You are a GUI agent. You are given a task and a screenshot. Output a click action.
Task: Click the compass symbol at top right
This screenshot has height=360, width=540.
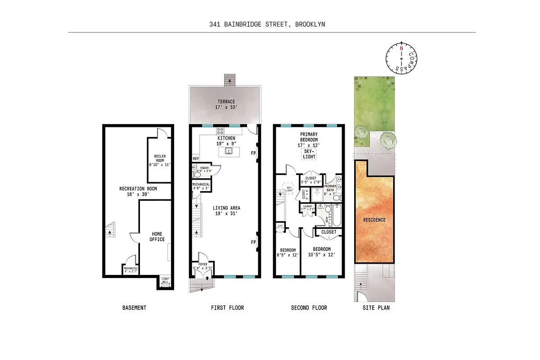pyautogui.click(x=400, y=58)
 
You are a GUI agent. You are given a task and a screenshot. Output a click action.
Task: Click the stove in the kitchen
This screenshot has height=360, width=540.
pyautogui.click(x=220, y=131)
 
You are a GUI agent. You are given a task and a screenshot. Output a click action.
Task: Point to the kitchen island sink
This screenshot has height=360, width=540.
pyautogui.click(x=229, y=152)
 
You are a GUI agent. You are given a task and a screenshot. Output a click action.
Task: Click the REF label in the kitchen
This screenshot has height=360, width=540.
pyautogui.click(x=196, y=158)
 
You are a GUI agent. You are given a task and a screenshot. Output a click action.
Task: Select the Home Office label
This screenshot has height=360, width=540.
pyautogui.click(x=157, y=237)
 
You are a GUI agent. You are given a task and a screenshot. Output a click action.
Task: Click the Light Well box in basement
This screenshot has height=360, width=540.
pyautogui.click(x=165, y=281)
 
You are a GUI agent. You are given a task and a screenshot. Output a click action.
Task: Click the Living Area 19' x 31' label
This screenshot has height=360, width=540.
pyautogui.click(x=227, y=211)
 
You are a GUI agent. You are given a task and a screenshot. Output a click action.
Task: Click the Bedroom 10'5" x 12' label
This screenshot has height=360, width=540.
pyautogui.click(x=322, y=252)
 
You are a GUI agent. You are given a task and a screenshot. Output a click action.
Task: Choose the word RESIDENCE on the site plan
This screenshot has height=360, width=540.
pyautogui.click(x=374, y=220)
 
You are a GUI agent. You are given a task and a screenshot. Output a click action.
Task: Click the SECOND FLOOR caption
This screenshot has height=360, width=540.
pyautogui.click(x=309, y=308)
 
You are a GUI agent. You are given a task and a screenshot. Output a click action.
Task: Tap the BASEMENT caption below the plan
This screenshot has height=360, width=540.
pyautogui.click(x=134, y=308)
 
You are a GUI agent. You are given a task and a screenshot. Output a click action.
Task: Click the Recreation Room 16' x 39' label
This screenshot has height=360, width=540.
pyautogui.click(x=138, y=191)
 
